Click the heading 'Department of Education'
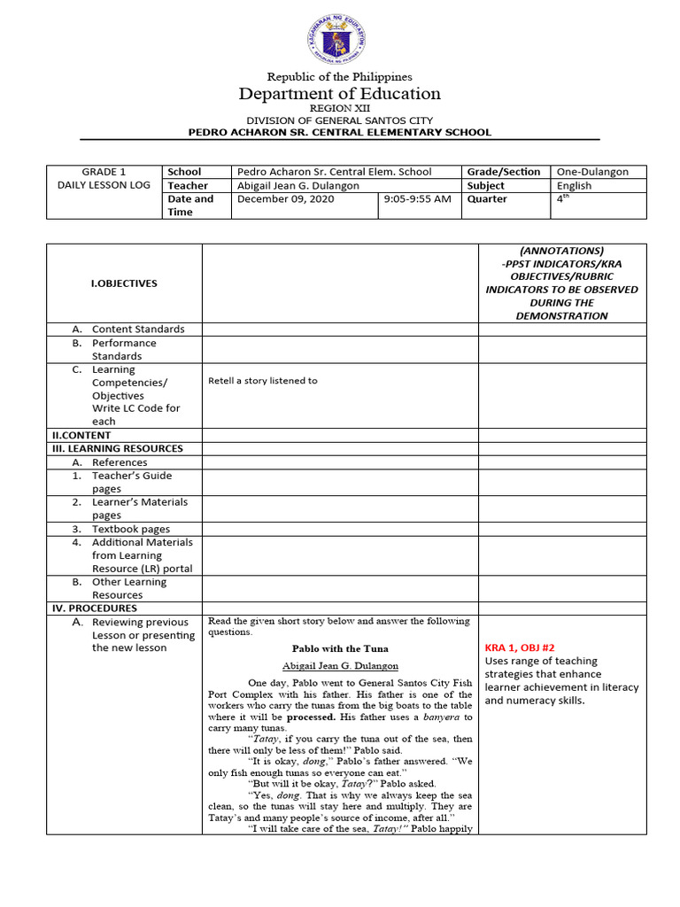coord(340,94)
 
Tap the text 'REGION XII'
coord(340,108)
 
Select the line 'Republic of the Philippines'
coord(340,77)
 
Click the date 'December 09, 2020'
coord(278,199)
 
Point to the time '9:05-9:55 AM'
coord(417,199)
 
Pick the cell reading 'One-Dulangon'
coord(591,172)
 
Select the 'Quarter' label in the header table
coord(487,199)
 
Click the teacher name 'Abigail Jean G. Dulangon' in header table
coord(297,186)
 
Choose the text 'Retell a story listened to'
coord(262,381)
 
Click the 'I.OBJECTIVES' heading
coord(124,283)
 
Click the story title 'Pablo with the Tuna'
coord(340,649)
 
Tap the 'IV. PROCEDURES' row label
coord(92,609)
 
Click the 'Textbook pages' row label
coord(131,529)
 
